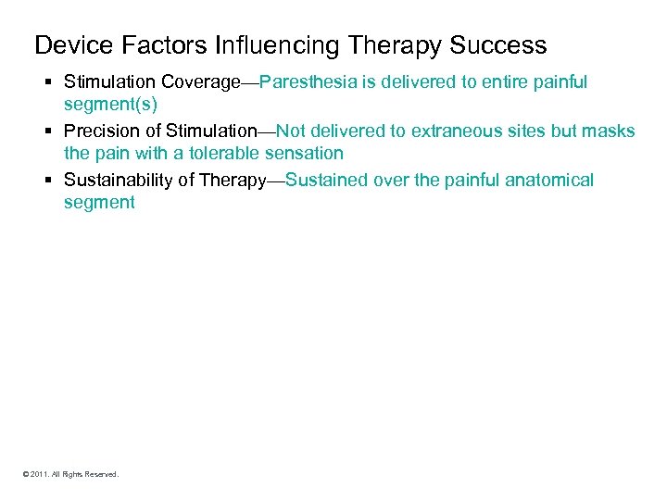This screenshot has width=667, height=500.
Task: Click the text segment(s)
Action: pyautogui.click(x=104, y=105)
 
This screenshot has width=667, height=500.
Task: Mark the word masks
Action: pyautogui.click(x=609, y=131)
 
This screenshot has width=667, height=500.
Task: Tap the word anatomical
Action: pyautogui.click(x=549, y=179)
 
